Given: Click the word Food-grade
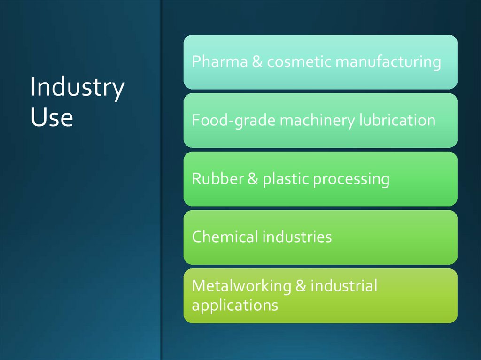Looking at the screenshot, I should [233, 121].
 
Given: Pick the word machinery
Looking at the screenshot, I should [318, 121].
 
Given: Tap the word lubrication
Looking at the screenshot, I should [397, 120].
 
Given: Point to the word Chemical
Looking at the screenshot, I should [225, 237].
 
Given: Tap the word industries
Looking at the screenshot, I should [297, 237].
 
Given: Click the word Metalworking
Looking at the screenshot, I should [241, 286].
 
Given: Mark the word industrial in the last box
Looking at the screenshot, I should [344, 286].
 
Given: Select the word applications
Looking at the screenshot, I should [235, 306].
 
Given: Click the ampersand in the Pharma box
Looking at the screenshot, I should [257, 62].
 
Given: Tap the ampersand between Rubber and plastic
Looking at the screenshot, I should [252, 179].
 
